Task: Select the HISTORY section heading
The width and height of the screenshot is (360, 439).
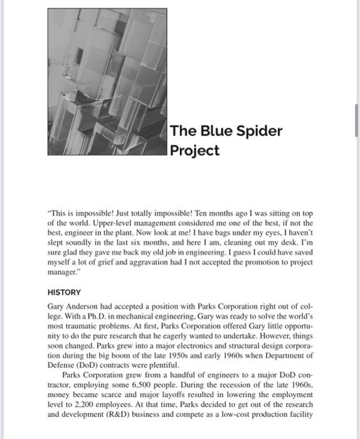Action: pos(64,292)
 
